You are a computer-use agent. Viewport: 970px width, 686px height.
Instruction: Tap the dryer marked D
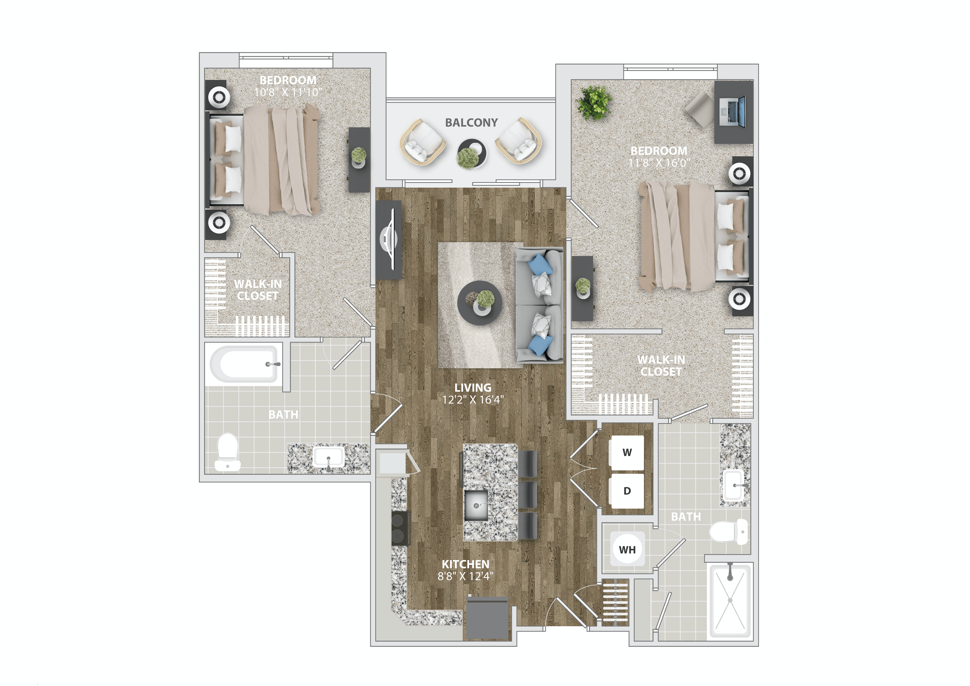[627, 491]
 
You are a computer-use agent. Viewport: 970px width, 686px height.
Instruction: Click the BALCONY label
[471, 123]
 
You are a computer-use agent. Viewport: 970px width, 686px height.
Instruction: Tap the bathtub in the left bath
[244, 364]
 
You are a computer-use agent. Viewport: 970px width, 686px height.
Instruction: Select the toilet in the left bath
[228, 452]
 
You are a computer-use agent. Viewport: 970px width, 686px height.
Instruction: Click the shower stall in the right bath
[730, 600]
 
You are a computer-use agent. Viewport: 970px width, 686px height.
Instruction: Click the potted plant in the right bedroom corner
[595, 103]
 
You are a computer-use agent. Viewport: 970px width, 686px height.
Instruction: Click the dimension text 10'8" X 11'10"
[288, 92]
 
